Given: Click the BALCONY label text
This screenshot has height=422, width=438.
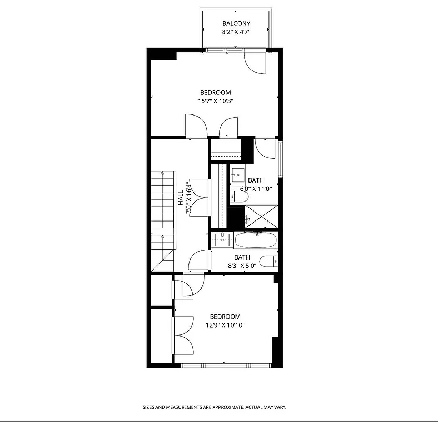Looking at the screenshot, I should pyautogui.click(x=236, y=23).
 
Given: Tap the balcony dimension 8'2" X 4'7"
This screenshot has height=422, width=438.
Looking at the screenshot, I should pyautogui.click(x=236, y=32).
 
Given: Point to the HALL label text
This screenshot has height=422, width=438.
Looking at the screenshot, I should pyautogui.click(x=181, y=197).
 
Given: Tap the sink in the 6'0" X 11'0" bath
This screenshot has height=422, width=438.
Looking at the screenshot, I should pyautogui.click(x=237, y=175).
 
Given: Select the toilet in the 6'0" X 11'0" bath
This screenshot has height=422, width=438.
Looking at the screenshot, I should pyautogui.click(x=239, y=197).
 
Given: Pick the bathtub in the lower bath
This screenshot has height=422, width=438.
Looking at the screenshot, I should pyautogui.click(x=256, y=241).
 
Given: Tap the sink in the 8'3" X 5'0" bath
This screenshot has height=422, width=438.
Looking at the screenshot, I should pyautogui.click(x=223, y=239).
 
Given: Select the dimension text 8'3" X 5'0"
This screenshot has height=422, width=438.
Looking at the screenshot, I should pyautogui.click(x=241, y=266).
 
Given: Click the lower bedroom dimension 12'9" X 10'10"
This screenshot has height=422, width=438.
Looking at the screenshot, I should pyautogui.click(x=225, y=325).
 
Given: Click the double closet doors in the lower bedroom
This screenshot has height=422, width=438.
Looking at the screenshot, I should pyautogui.click(x=183, y=335).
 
